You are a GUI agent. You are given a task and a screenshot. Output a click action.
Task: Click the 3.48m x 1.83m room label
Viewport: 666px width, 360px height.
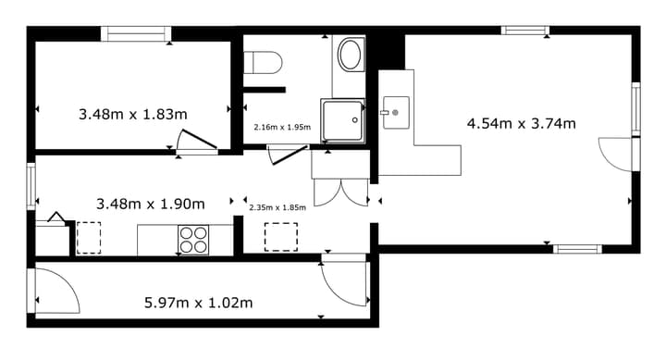click(x=133, y=115)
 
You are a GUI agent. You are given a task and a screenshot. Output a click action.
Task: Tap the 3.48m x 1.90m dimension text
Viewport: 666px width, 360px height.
click(x=151, y=204)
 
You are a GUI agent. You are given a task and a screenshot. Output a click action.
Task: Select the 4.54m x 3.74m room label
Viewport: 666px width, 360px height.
click(x=521, y=124)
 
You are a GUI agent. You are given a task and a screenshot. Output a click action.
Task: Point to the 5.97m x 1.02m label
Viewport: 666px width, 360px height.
click(x=198, y=303)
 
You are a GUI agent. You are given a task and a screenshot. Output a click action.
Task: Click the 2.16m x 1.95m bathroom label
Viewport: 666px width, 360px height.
click(x=282, y=127)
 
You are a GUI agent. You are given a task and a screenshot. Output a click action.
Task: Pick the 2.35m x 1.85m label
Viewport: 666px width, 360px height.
click(x=277, y=207)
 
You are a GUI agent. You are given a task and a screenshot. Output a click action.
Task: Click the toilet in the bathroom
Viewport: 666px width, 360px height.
click(x=263, y=63)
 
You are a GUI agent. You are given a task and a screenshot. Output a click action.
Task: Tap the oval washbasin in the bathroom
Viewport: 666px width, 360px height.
click(x=350, y=55)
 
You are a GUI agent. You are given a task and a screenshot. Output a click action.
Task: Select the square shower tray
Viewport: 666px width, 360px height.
click(x=343, y=120)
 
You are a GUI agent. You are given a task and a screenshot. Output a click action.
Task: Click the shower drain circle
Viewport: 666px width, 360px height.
click(x=355, y=120)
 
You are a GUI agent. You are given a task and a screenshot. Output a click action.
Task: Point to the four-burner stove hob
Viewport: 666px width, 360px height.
click(x=193, y=240)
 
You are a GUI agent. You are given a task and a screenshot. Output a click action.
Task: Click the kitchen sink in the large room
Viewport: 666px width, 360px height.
click(x=396, y=113)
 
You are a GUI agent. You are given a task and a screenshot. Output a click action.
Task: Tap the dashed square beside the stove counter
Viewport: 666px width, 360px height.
click(x=89, y=238)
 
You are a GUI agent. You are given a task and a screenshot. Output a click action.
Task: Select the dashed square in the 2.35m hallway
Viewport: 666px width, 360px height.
click(x=281, y=237)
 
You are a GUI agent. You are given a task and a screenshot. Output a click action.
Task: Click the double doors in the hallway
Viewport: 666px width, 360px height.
click(x=340, y=193)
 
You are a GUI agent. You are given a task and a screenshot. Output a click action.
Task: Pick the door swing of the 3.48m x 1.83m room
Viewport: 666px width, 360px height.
click(x=198, y=140)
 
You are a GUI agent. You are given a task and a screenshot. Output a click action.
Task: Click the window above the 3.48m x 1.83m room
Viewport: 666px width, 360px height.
click(x=136, y=33)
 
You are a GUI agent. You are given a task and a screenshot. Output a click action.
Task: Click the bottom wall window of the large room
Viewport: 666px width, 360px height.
click(x=577, y=249)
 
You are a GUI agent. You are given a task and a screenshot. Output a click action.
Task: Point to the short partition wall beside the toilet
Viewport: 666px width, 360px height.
click(x=265, y=90)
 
